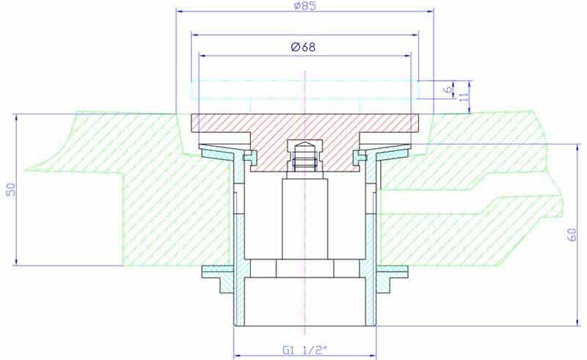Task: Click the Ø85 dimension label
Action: tap(305, 6)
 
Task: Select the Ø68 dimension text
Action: tap(303, 47)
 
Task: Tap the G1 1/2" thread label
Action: tap(305, 350)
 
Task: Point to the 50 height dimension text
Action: tap(11, 190)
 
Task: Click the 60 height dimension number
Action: tap(572, 235)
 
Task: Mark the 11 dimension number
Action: tap(464, 97)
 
